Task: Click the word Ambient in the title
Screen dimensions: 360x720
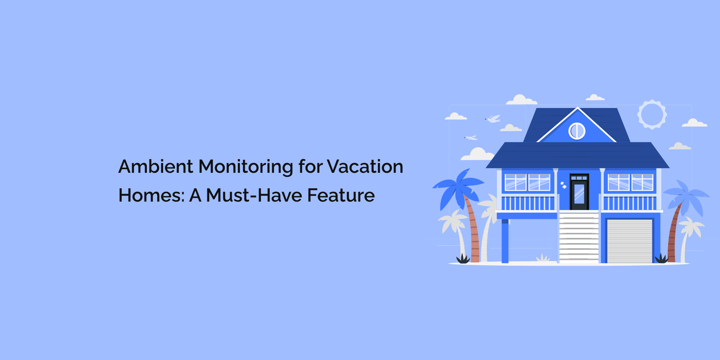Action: [x=156, y=167]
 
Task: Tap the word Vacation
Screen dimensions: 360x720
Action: [x=365, y=167]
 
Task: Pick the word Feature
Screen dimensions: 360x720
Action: [x=341, y=195]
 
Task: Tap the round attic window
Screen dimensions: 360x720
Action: [x=577, y=131]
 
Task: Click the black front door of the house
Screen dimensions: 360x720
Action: [x=579, y=193]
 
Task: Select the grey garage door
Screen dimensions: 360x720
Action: [x=630, y=240]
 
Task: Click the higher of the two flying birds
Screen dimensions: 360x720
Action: [x=493, y=118]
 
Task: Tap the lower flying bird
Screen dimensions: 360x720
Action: [x=471, y=138]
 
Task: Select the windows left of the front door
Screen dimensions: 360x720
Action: [x=527, y=182]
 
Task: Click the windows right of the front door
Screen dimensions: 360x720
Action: [x=630, y=182]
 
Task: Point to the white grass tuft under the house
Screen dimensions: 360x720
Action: [x=543, y=258]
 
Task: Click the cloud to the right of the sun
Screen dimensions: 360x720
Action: [x=694, y=123]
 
